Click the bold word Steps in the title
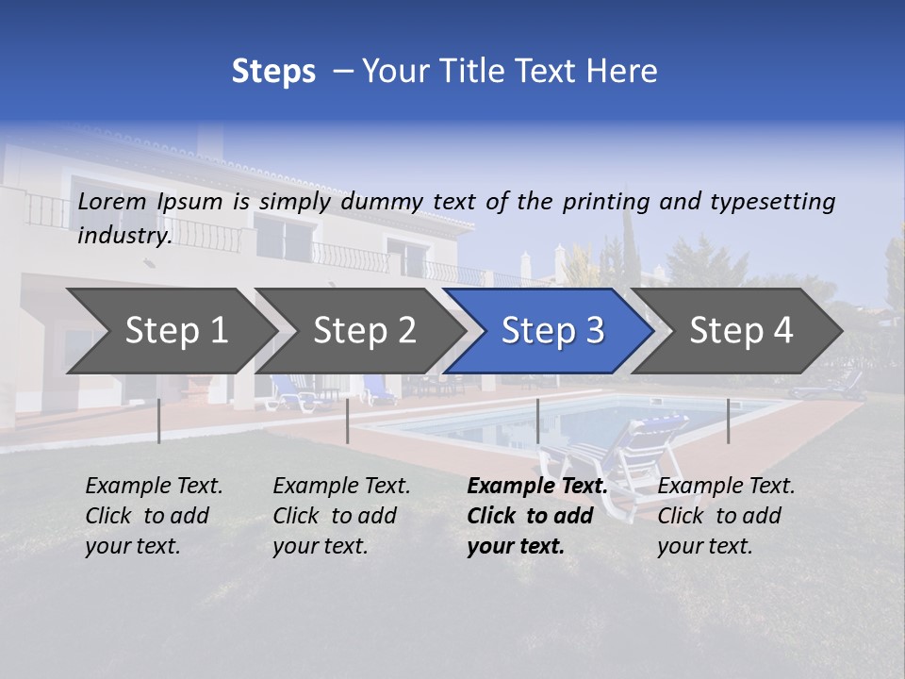pyautogui.click(x=273, y=72)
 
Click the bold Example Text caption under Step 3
pyautogui.click(x=537, y=516)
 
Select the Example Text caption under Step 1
pyautogui.click(x=154, y=516)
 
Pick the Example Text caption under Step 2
pyautogui.click(x=341, y=516)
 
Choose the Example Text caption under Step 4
pyautogui.click(x=726, y=516)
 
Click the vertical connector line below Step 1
pyautogui.click(x=159, y=421)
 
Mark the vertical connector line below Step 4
pyautogui.click(x=728, y=421)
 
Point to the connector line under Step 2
pyautogui.click(x=348, y=421)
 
